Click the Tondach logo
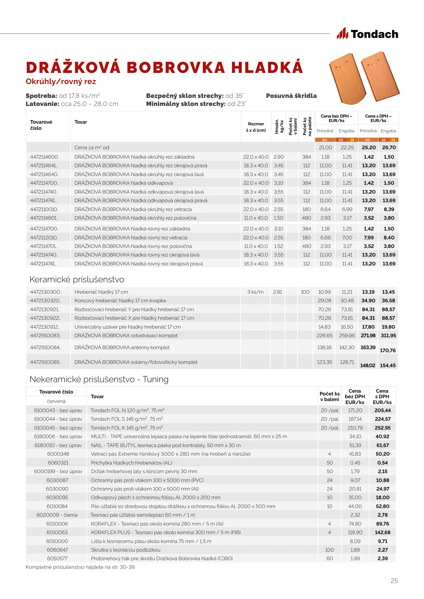[367, 34]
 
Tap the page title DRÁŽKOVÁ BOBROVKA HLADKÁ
[164, 68]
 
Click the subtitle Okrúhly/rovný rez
[61, 82]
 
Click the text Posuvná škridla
[291, 96]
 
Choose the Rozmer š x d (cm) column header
[256, 127]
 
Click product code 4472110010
[44, 209]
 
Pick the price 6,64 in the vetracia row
[325, 209]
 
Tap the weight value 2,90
[278, 157]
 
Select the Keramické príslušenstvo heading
[77, 280]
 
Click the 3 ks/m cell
[255, 292]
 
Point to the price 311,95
[388, 336]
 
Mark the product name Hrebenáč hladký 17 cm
[101, 292]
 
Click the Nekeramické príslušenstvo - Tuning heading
[99, 379]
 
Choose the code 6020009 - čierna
[57, 515]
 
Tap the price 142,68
[382, 532]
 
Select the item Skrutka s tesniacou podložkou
[126, 550]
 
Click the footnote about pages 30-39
[80, 567]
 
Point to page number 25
[394, 581]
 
